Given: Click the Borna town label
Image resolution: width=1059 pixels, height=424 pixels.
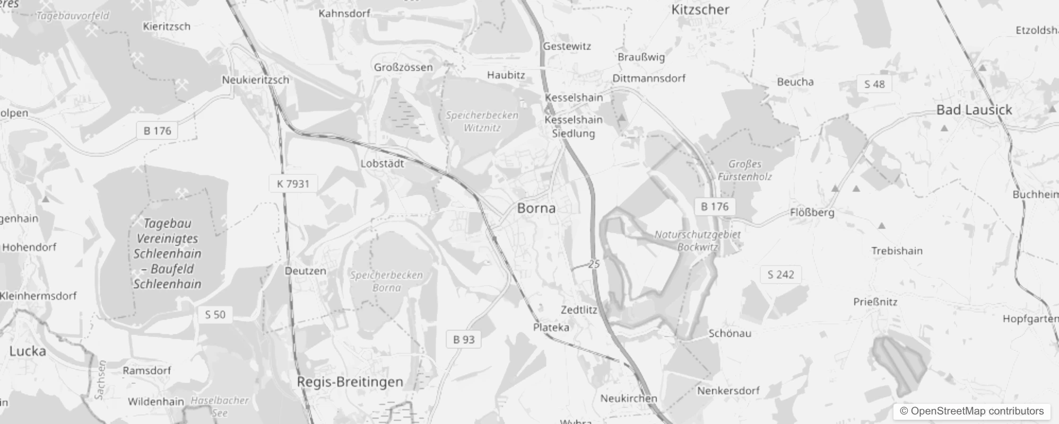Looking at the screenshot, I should tap(536, 208).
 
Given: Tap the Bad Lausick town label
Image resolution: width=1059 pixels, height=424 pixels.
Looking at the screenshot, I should tap(974, 110).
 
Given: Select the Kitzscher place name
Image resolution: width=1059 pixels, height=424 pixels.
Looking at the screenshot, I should tap(700, 10).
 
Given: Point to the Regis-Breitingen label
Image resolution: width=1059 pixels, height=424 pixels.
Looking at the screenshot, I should tap(350, 382).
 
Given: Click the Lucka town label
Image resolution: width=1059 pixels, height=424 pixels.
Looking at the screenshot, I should tap(28, 351).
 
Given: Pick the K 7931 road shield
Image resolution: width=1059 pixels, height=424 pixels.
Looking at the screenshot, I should tap(293, 184).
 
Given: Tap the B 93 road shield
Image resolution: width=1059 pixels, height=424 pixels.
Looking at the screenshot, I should tap(464, 340).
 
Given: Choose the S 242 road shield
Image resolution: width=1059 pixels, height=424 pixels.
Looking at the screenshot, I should tap(780, 275).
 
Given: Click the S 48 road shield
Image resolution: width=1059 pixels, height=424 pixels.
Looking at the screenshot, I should tap(874, 84).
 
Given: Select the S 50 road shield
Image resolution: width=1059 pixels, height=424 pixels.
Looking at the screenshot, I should tap(215, 315).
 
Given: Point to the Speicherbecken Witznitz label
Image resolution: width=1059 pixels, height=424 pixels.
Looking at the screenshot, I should tap(482, 121).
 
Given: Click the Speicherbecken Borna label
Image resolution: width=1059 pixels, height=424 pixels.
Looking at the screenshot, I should tap(386, 281).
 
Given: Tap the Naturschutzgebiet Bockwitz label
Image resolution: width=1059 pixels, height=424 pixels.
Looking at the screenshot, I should tap(697, 240).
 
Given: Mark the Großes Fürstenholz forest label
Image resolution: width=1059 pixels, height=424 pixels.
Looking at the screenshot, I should tap(744, 170).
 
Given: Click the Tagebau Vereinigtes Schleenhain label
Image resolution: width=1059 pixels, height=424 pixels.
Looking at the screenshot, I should tap(167, 253).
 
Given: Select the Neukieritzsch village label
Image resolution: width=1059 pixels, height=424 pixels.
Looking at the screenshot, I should tap(255, 80).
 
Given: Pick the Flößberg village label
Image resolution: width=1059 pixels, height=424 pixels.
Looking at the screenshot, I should tap(812, 213).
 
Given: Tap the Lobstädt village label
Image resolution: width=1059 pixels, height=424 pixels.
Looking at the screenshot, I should tap(382, 164).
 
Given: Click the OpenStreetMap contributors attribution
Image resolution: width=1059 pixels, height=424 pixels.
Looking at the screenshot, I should tap(971, 411).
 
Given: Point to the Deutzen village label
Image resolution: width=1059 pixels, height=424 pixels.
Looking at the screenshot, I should tap(305, 271).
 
